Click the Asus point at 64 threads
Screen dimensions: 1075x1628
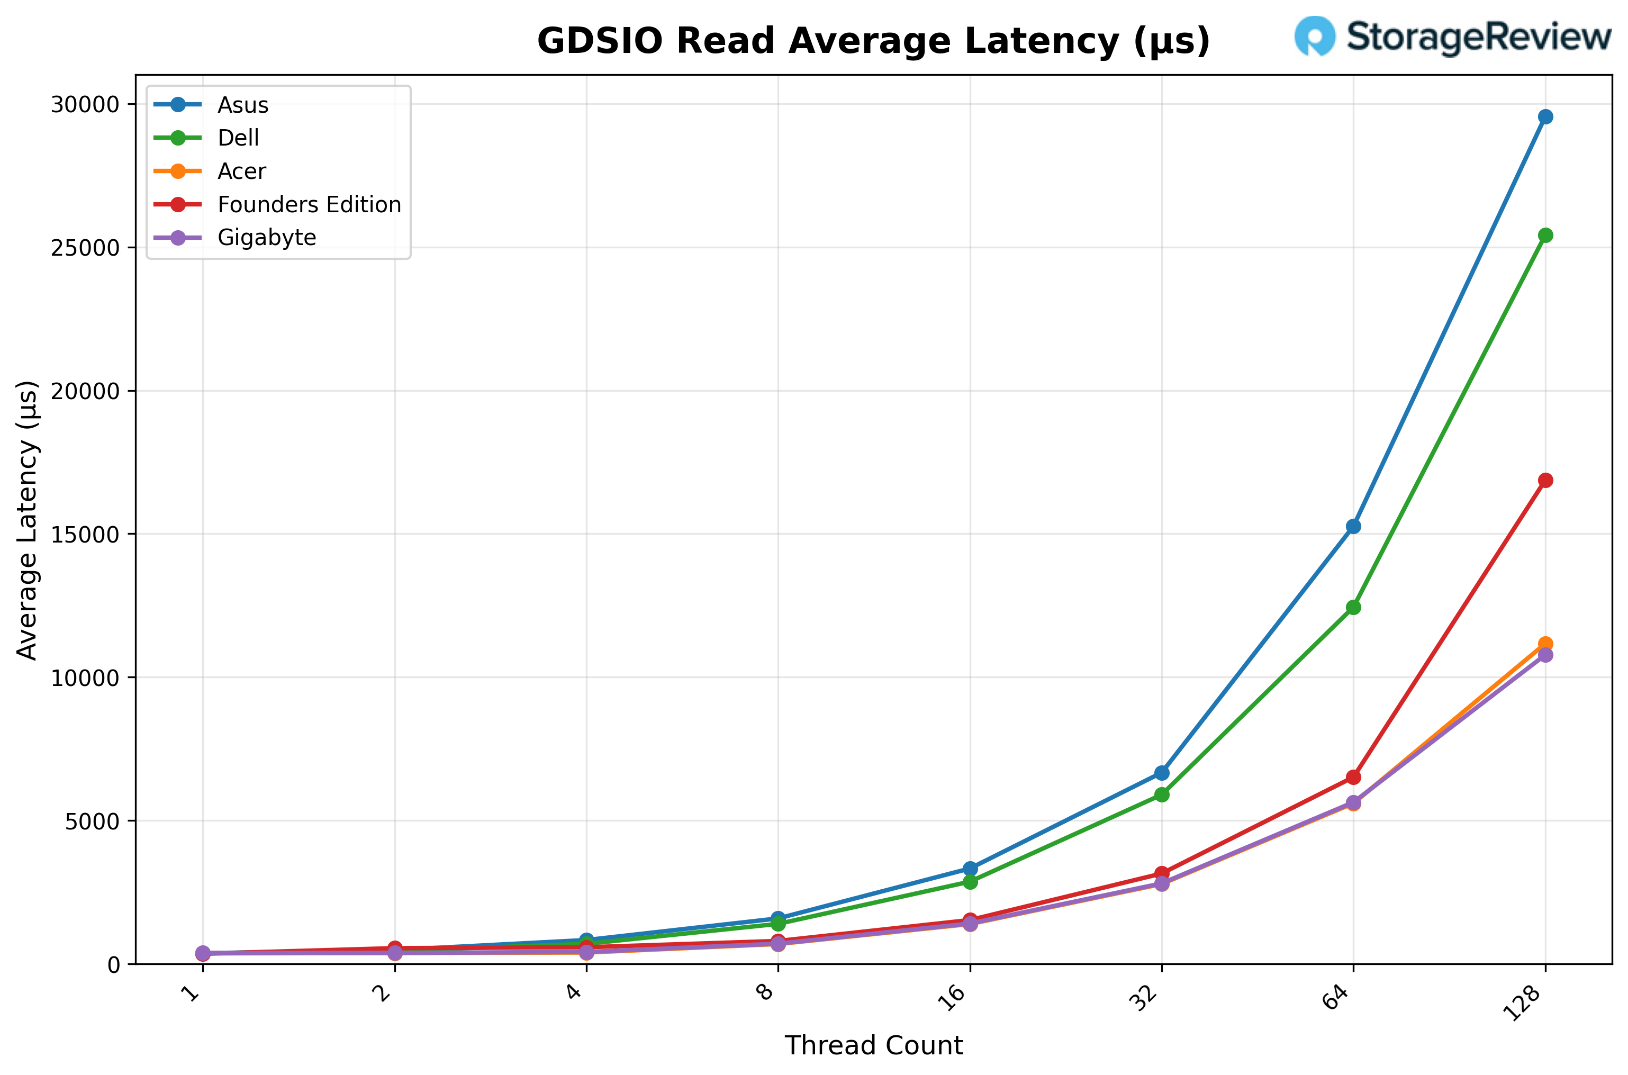point(1353,527)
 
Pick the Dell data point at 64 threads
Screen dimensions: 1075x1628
point(1353,608)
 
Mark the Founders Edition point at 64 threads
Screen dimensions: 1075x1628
point(1353,777)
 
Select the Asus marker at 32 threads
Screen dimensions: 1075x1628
point(1162,773)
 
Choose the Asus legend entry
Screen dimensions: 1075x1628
point(242,105)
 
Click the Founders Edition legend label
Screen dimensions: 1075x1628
point(309,204)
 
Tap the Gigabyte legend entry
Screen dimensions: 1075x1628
point(267,237)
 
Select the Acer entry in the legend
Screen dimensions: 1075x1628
point(241,171)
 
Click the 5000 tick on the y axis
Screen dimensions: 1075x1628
point(92,820)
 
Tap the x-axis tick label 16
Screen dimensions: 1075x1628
point(952,998)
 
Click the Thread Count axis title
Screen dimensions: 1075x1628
point(873,1045)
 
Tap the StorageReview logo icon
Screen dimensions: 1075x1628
point(1315,35)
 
